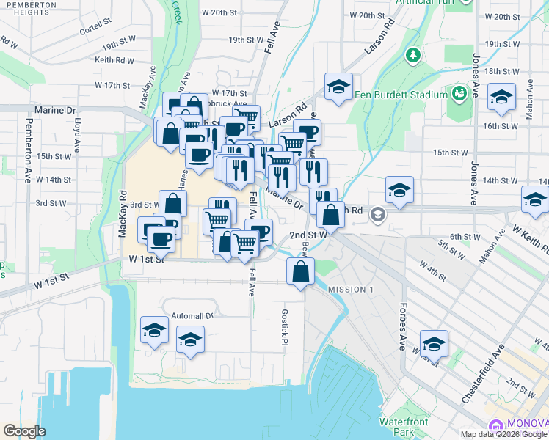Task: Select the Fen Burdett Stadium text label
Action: [x=400, y=95]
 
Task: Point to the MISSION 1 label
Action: [x=351, y=290]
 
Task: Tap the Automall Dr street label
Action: [x=191, y=315]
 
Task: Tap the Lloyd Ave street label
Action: [x=78, y=137]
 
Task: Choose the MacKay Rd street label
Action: [x=123, y=214]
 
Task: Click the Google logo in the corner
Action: [x=24, y=431]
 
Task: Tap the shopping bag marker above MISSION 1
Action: [x=301, y=271]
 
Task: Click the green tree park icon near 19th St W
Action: [x=413, y=54]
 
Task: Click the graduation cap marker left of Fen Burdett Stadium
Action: [x=338, y=87]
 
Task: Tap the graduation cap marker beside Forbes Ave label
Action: [x=434, y=342]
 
